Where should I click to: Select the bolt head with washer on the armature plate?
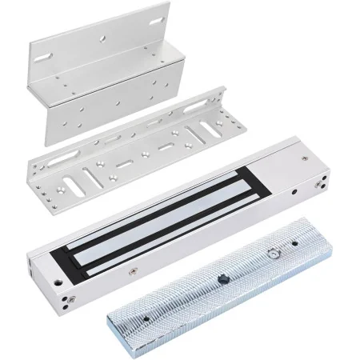[x=274, y=254]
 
